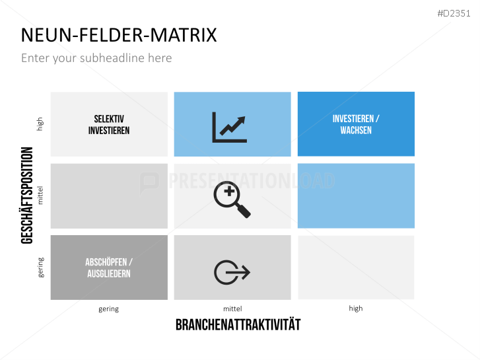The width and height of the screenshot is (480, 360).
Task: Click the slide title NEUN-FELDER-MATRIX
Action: (x=119, y=34)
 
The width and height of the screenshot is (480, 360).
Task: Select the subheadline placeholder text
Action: (x=96, y=58)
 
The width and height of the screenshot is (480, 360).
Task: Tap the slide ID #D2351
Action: (x=455, y=13)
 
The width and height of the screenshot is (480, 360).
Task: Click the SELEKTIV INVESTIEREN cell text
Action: (x=109, y=124)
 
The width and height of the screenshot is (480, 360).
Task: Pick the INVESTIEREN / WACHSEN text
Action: (x=356, y=124)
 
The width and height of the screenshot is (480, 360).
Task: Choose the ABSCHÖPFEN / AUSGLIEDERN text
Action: (x=109, y=268)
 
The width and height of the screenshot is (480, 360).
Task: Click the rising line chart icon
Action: (x=229, y=127)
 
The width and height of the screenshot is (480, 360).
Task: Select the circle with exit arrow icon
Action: (x=232, y=271)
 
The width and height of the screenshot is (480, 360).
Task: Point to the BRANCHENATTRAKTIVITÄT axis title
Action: (x=238, y=324)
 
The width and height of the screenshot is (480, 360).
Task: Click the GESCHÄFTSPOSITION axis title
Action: (x=28, y=196)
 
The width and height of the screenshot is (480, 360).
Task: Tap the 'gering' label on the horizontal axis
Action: (x=109, y=308)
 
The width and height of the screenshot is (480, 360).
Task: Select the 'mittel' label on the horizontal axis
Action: (x=232, y=308)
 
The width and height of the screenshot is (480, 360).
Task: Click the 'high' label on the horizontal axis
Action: (x=356, y=308)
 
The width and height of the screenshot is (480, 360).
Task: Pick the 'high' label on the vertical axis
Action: (x=40, y=124)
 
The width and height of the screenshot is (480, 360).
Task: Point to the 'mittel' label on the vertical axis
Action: (x=40, y=196)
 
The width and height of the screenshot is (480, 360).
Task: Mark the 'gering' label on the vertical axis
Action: (x=40, y=268)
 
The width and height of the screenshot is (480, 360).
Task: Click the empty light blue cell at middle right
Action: (x=356, y=196)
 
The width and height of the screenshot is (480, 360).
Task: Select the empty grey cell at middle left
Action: (x=109, y=196)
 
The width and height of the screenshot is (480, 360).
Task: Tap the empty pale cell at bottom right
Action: (x=356, y=268)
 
